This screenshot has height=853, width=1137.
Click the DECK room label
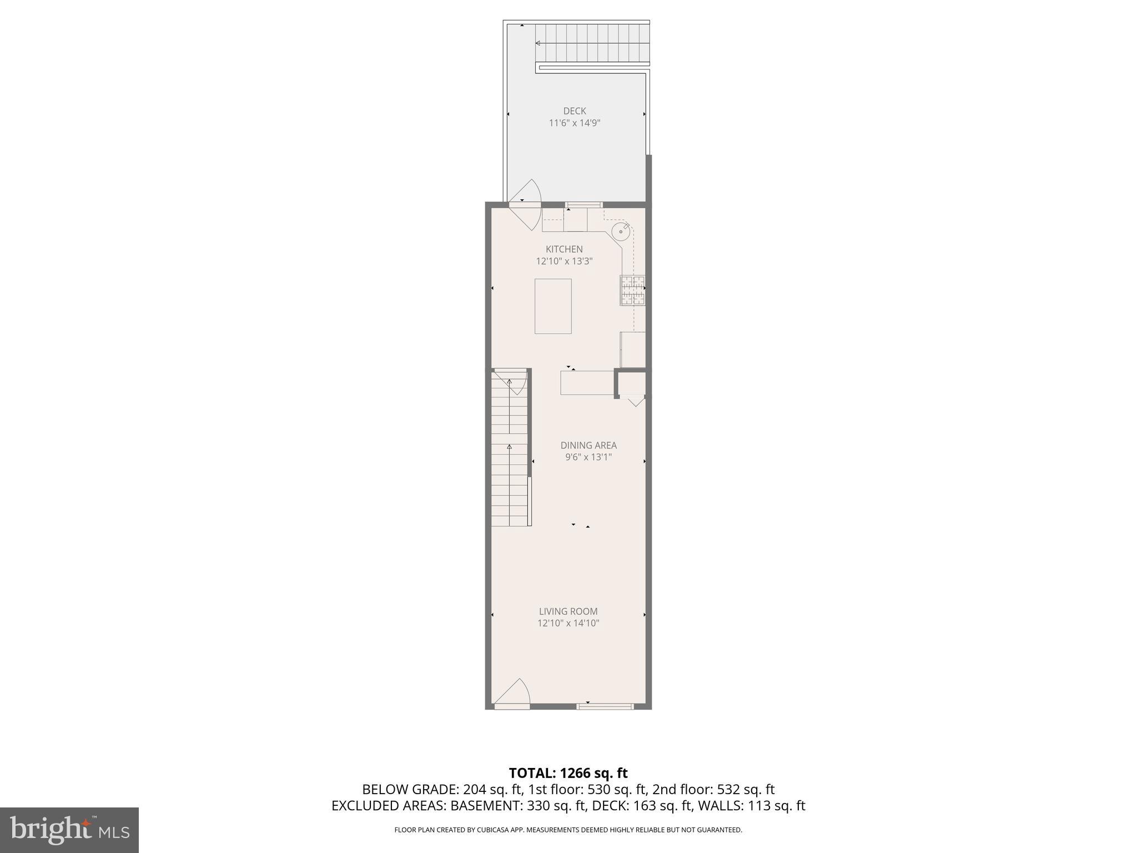575,111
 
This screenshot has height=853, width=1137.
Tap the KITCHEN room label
564,249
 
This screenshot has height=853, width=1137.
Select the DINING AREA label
588,445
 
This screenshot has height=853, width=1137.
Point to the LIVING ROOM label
568,611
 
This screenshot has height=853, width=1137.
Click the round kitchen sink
620,232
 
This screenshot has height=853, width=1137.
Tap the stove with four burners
632,290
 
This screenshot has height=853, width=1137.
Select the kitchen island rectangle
553,306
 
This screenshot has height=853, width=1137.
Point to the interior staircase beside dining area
509,450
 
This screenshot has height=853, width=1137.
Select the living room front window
605,706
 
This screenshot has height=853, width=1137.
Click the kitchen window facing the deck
584,205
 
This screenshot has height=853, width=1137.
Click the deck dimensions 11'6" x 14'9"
575,123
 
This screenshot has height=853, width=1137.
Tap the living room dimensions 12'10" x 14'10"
568,624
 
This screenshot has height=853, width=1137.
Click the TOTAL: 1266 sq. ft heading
568,773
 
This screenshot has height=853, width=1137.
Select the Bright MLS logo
69,830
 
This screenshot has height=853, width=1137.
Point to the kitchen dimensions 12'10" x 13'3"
564,261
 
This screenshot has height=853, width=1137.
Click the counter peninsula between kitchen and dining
587,383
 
